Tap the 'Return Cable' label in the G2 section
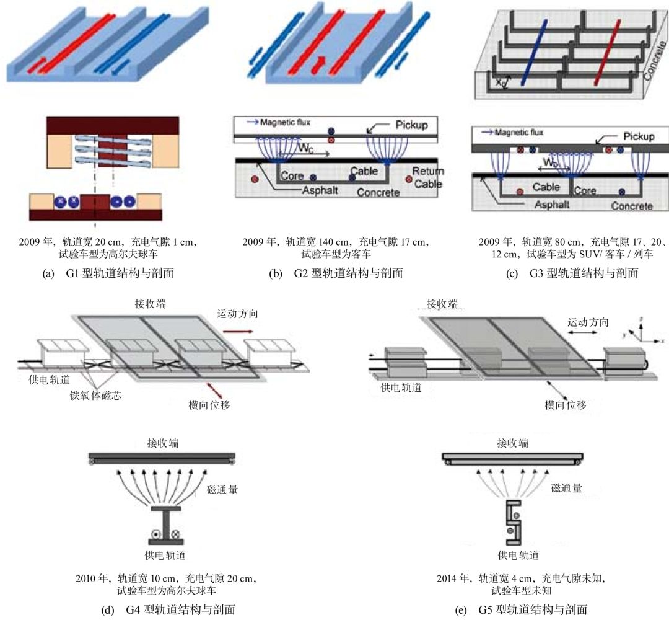427,177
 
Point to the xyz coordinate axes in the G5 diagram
644,331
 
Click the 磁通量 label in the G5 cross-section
566,488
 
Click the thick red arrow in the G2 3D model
319,61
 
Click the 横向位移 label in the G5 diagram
566,405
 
